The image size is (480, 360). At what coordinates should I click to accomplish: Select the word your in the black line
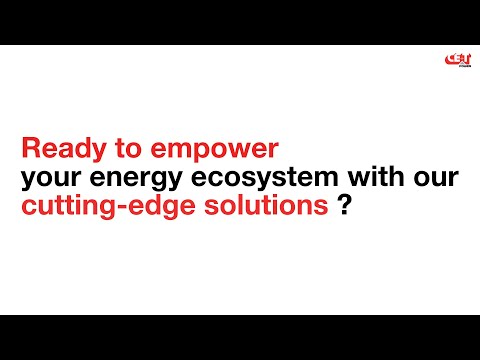pyautogui.click(x=47, y=181)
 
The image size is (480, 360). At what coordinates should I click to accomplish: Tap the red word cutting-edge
pyautogui.click(x=96, y=209)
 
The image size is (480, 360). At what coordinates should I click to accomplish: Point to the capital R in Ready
pyautogui.click(x=30, y=150)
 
